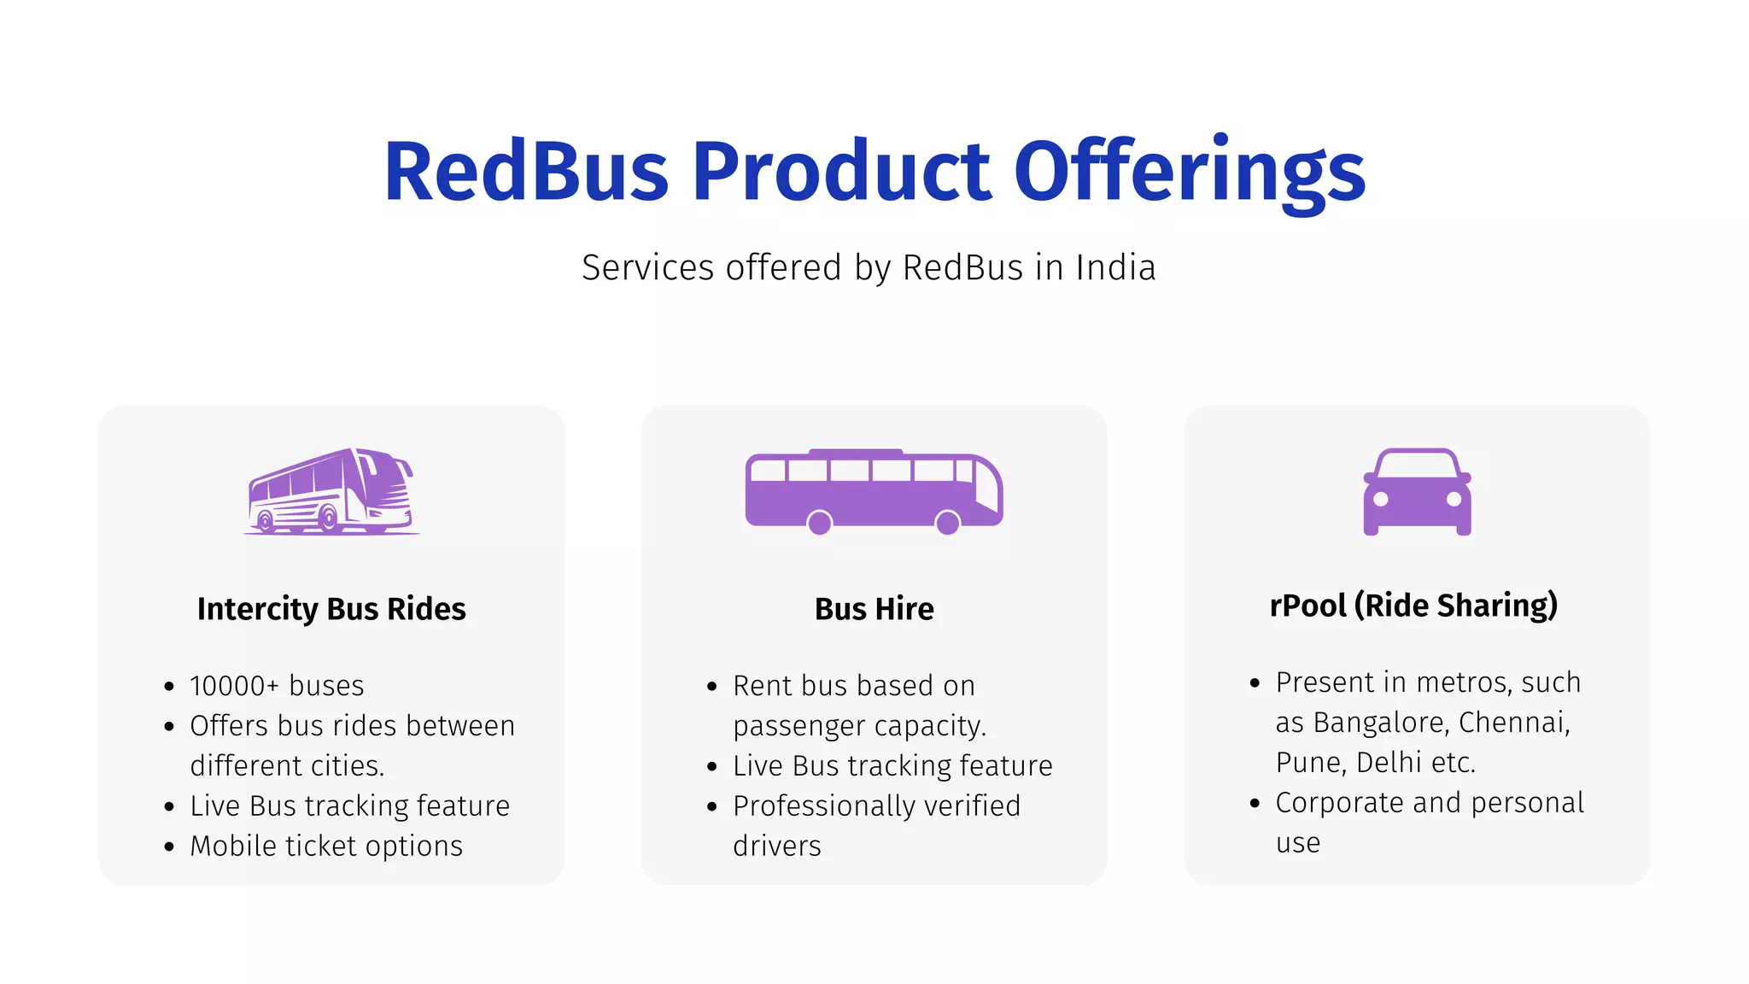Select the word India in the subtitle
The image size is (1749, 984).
1115,268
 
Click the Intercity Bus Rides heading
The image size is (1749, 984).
331,609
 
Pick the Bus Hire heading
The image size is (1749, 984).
874,609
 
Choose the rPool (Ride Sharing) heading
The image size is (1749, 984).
1413,606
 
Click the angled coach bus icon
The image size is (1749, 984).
331,491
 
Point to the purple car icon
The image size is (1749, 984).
1417,491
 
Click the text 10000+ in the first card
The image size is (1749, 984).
234,686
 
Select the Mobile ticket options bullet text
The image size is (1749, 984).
326,846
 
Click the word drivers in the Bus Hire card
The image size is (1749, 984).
777,846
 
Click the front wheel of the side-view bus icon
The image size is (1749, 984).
947,523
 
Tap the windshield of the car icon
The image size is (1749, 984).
1417,466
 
